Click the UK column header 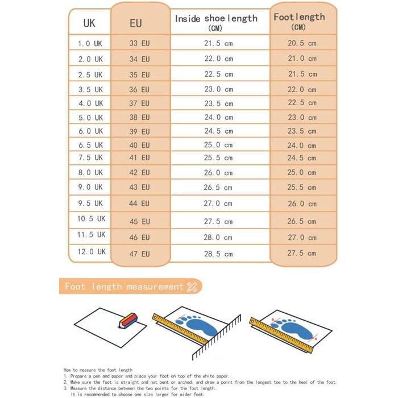coord(89,23)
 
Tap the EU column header coord(136,23)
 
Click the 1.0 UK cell coord(90,43)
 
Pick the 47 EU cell coord(139,254)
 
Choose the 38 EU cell coord(139,118)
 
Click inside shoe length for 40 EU coord(218,145)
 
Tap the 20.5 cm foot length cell coord(301,43)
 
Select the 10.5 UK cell coord(91,219)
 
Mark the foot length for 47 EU coord(301,254)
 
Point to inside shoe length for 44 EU coord(218,204)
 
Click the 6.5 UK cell coord(90,145)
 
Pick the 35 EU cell coord(139,74)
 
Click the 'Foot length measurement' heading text coord(124,287)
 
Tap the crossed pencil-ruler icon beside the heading coord(192,287)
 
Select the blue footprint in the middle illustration coord(195,327)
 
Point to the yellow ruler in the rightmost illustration coord(281,337)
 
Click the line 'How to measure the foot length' coord(98,370)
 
